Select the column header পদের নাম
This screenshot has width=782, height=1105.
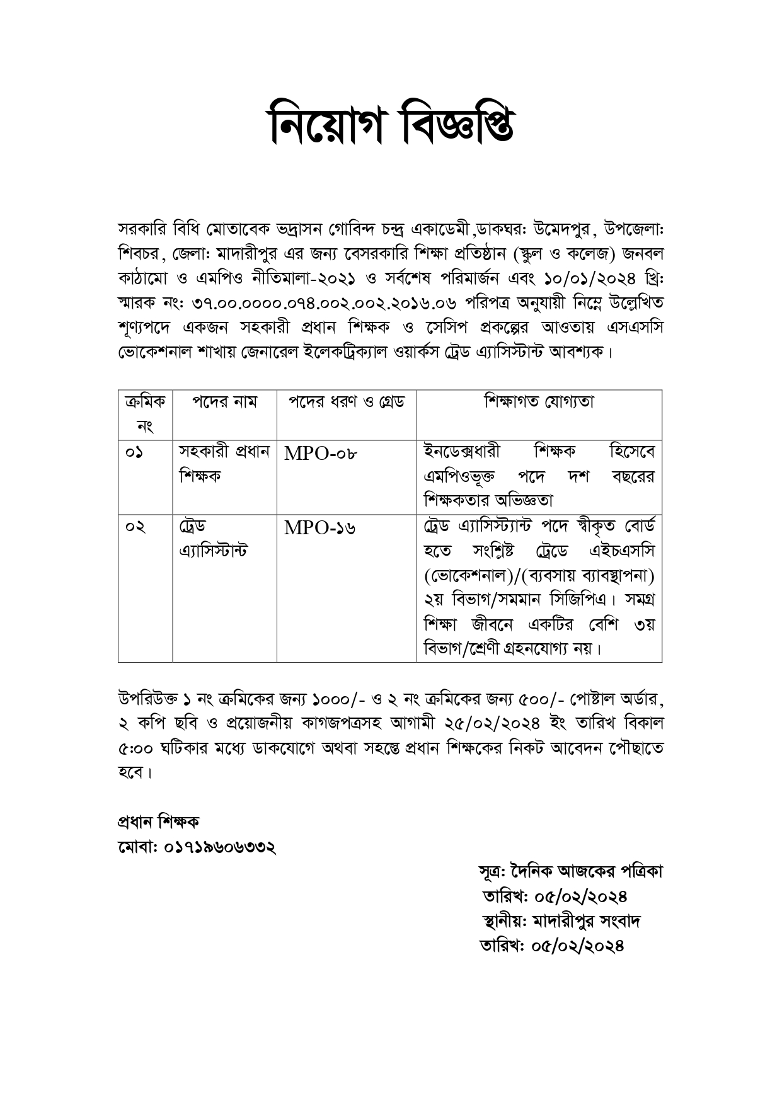(224, 402)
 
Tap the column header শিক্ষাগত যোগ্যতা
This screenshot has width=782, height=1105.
(539, 402)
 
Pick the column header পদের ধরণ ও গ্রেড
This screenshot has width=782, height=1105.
(347, 402)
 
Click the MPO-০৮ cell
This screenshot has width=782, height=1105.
(321, 454)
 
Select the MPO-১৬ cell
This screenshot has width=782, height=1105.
(319, 528)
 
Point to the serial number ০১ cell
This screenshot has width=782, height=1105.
(134, 453)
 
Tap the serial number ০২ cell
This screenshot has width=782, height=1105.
(135, 527)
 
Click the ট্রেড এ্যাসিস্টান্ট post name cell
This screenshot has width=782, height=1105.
(213, 539)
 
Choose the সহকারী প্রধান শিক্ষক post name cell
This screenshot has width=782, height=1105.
(224, 464)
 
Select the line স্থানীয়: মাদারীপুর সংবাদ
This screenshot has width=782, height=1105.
(561, 922)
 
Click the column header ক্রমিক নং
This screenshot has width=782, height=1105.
(145, 414)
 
